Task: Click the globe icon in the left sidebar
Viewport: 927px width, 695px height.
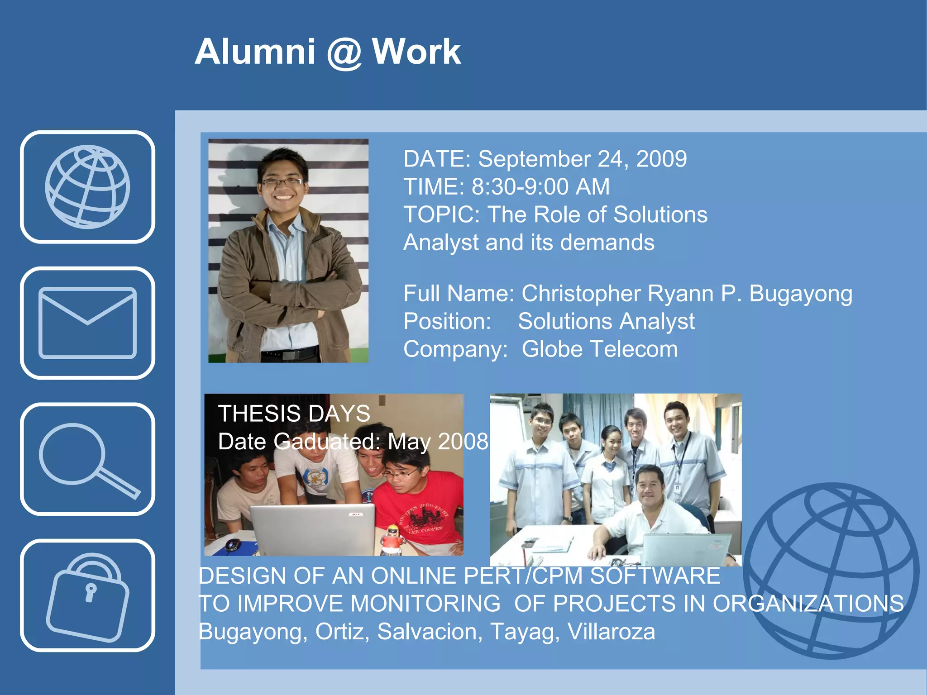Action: pyautogui.click(x=87, y=186)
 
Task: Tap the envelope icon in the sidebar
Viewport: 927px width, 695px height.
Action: pyautogui.click(x=87, y=323)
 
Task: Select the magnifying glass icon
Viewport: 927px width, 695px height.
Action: pyautogui.click(x=87, y=459)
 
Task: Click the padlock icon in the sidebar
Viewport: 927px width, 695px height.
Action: pyautogui.click(x=87, y=595)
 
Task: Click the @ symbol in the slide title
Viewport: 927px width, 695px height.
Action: pyautogui.click(x=344, y=52)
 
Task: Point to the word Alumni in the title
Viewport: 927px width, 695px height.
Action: pyautogui.click(x=255, y=52)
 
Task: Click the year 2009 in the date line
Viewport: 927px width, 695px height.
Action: pyautogui.click(x=661, y=159)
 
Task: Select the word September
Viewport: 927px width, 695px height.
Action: pyautogui.click(x=534, y=159)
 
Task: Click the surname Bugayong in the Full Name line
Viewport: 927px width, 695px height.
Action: pyautogui.click(x=801, y=294)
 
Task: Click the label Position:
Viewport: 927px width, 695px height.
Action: pyautogui.click(x=447, y=321)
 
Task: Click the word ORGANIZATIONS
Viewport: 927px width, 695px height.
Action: pyautogui.click(x=808, y=604)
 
